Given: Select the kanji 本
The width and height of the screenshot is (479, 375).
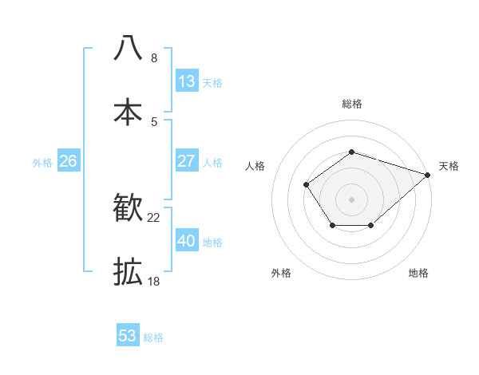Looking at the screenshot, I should click(x=129, y=111).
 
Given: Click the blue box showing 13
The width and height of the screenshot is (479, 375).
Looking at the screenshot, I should click(x=186, y=81).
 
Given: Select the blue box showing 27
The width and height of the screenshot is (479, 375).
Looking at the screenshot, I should click(x=186, y=161).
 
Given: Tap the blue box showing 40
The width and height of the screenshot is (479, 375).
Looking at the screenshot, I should click(x=186, y=241).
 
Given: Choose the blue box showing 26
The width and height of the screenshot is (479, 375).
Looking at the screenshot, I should click(x=68, y=161).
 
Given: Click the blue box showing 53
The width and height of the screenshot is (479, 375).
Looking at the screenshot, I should click(x=127, y=336).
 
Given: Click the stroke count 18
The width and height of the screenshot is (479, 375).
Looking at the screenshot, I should click(x=153, y=282).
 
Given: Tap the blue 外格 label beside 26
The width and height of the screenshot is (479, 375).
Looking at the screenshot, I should click(x=42, y=162).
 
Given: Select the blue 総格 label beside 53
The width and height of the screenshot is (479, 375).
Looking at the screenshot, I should click(x=153, y=337).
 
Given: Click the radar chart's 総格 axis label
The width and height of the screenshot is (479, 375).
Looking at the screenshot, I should click(x=352, y=104).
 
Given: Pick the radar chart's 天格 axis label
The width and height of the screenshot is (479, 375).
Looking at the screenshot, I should click(x=449, y=166).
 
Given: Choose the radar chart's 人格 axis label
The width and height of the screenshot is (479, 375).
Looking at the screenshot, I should click(x=255, y=166).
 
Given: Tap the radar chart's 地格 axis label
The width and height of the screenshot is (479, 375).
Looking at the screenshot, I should click(x=418, y=273).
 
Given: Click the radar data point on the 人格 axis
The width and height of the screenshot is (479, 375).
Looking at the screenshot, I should click(x=307, y=184).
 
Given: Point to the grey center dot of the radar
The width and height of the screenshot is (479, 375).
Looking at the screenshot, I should click(x=351, y=199).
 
